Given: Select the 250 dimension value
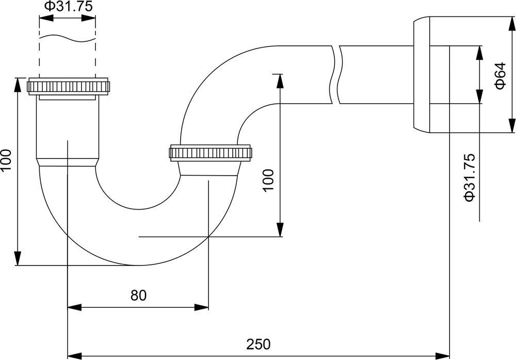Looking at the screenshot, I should pos(259,343).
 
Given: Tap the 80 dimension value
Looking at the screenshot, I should pos(138,295).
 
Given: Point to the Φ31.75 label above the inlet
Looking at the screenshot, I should pos(67,6).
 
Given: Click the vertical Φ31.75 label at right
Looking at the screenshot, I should pos(469,177).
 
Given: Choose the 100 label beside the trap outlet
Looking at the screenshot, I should pos(268,180).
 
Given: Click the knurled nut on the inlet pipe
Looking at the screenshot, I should pos(69,86).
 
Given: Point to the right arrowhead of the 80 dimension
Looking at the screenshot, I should pos(202,307).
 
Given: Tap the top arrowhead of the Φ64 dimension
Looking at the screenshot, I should pos(511,24).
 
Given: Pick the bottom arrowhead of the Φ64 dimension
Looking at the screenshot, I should pos(511,126).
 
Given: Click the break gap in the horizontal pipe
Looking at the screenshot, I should pos(335,75).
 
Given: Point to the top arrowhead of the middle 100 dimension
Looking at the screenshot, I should pos(280,81).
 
